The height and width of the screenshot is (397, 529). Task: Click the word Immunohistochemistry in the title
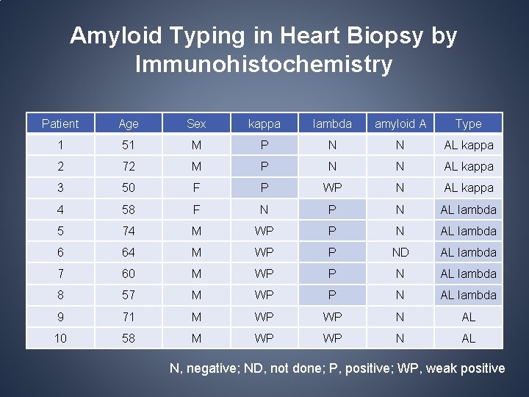coord(264,65)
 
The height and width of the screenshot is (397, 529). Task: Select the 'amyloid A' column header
coord(400,124)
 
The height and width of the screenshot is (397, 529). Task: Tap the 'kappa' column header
coord(264,124)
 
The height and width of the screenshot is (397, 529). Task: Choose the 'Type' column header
coord(468,124)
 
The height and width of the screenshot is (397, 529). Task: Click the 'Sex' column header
coord(196,124)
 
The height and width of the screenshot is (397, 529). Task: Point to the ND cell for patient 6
coord(400,252)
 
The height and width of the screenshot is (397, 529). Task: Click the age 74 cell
coord(129,231)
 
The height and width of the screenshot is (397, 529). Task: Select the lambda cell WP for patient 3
coord(332,188)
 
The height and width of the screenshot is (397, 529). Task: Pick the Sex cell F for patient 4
coord(196,210)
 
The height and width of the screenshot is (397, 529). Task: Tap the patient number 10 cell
coord(60,338)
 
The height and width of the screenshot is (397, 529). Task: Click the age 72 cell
coord(129,167)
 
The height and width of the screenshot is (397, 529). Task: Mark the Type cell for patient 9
coord(468,317)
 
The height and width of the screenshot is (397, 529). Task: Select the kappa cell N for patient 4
coord(264,210)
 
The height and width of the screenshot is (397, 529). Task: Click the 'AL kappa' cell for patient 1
coord(468,146)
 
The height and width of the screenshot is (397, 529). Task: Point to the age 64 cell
coord(129,252)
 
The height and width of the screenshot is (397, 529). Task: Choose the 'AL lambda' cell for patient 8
coord(468,295)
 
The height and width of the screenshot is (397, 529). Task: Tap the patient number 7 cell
coord(60,273)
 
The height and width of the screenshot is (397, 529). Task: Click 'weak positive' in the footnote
coord(466,368)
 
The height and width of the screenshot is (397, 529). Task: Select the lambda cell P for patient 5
coord(332,231)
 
